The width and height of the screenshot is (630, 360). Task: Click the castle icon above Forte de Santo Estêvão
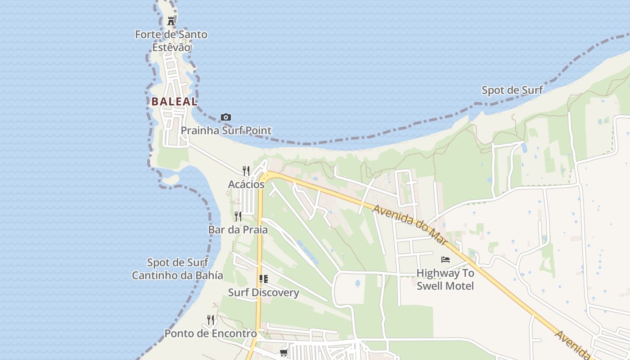[x=171, y=21]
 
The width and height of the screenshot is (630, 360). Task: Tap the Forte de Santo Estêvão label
[x=171, y=40]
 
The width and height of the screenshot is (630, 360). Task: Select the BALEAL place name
[x=174, y=102]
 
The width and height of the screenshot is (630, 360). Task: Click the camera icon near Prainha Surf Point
[x=226, y=117]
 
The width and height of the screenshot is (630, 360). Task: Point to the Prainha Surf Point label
[x=226, y=130]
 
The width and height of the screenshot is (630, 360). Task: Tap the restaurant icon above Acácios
[x=246, y=171]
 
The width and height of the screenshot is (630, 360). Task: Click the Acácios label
[x=246, y=184]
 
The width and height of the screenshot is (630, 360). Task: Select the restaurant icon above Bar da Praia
[x=238, y=216]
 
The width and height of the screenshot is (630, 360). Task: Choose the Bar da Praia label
[x=238, y=229]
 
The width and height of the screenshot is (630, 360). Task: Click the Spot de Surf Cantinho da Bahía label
[x=177, y=269]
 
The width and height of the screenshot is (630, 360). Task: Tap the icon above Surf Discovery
[x=264, y=279]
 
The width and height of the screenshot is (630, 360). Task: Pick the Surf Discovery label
[x=263, y=292]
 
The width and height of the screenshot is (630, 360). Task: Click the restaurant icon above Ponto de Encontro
[x=210, y=320]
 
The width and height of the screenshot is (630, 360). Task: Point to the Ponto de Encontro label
[x=210, y=333]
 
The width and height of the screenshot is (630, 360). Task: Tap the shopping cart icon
[x=283, y=352]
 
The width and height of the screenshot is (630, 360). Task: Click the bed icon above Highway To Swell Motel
[x=445, y=259]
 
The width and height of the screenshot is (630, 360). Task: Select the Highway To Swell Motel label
[x=445, y=279]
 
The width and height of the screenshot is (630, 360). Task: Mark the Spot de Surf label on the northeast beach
[x=512, y=90]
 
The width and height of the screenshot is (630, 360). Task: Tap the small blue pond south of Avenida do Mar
[x=358, y=283]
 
